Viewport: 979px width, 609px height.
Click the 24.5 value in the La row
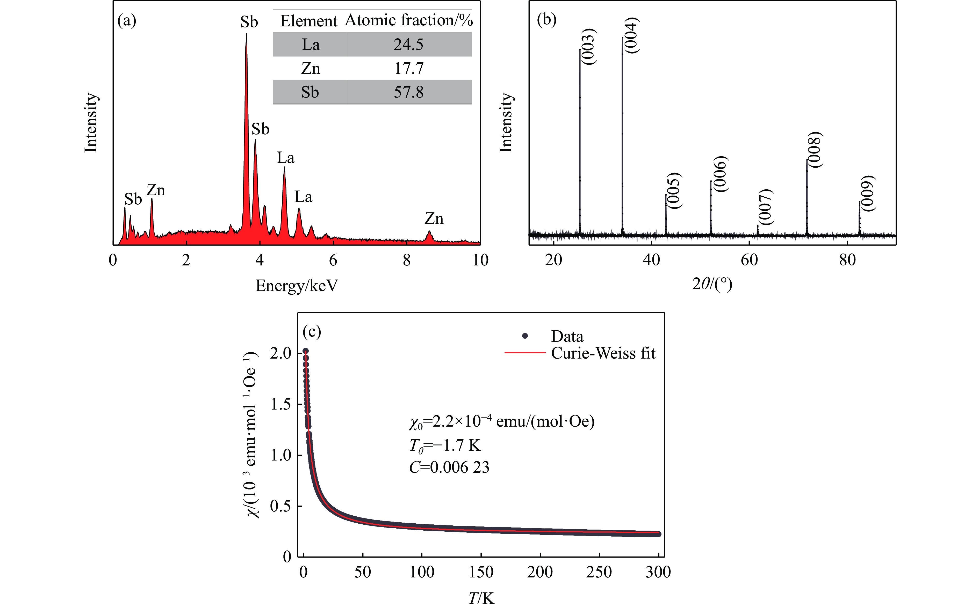click(408, 45)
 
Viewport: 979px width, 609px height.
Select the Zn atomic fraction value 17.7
click(408, 69)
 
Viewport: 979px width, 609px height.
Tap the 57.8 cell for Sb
click(408, 93)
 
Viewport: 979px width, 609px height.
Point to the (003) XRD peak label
click(589, 47)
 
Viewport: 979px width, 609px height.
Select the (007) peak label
click(765, 207)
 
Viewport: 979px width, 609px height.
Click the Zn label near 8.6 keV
click(434, 219)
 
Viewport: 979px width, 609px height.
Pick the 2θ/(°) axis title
click(712, 284)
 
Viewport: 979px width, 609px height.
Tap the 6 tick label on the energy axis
click(333, 261)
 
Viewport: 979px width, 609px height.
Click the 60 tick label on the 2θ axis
click(749, 261)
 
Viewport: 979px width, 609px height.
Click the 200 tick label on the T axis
click(540, 572)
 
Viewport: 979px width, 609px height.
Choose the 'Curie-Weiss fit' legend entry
click(603, 353)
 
